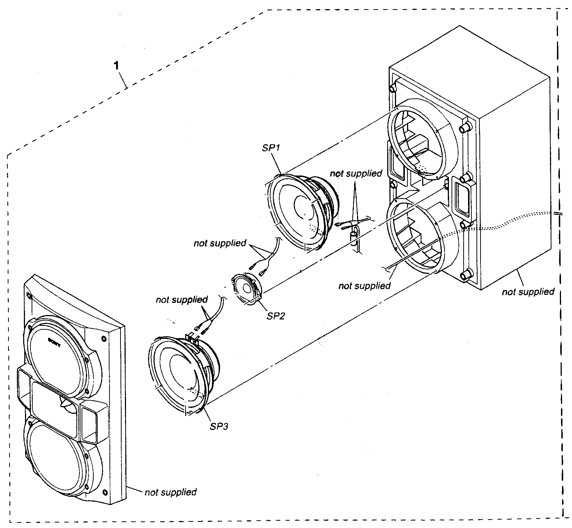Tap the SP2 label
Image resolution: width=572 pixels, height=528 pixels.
[275, 316]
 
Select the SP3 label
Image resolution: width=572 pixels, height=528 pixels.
[219, 426]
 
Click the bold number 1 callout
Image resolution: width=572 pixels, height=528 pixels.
[116, 66]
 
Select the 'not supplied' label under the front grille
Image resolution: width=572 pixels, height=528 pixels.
[170, 492]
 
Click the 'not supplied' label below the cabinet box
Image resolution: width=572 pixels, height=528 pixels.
[528, 292]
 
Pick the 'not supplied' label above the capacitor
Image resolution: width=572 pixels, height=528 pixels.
[356, 173]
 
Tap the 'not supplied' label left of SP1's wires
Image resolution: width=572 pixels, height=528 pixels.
[220, 243]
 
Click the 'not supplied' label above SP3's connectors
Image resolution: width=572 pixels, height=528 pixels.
[181, 300]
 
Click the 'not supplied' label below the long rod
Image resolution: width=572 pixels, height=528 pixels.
[364, 286]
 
